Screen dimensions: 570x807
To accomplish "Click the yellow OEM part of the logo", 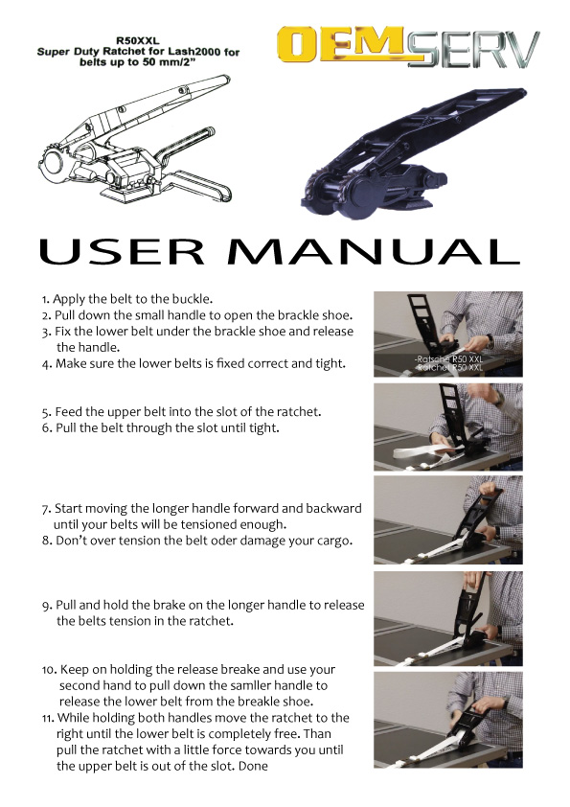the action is pos(340,45).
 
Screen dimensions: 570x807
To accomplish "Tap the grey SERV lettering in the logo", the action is pos(472,49).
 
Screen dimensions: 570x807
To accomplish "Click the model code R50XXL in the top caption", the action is pos(138,41).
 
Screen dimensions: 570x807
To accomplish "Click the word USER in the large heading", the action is pos(122,251).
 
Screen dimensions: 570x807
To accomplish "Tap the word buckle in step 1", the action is pos(195,299).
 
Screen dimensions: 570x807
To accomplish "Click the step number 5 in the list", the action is pos(46,412).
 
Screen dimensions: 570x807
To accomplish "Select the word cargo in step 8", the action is pos(334,542).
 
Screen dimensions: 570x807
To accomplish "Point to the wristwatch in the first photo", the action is pos(490,341).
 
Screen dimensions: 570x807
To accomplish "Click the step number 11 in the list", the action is pos(48,718).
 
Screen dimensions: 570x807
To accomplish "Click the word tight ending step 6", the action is pos(263,428).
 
